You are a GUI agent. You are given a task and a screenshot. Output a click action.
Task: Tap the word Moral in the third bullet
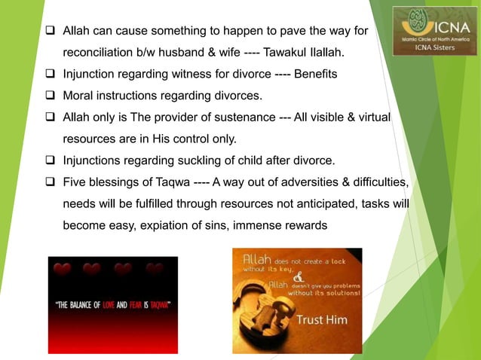click(79, 96)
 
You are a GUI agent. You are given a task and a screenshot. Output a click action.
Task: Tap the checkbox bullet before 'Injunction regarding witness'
click(51, 75)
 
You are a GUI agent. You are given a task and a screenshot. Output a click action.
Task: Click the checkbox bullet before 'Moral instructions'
click(51, 96)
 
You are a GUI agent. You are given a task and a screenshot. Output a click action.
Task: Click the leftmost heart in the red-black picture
click(63, 270)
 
